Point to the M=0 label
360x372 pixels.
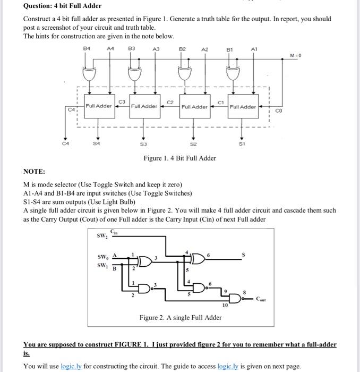pos(296,55)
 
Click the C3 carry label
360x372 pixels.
pos(122,101)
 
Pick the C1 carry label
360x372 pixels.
pos(220,102)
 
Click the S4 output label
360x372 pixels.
pos(96,143)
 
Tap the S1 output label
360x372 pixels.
pos(243,143)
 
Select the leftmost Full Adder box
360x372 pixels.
pos(98,106)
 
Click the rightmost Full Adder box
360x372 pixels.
pos(243,107)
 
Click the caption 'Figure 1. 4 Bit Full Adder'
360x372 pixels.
pos(179,158)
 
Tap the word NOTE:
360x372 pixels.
pos(35,172)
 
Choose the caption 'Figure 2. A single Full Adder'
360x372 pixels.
pos(181,318)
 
